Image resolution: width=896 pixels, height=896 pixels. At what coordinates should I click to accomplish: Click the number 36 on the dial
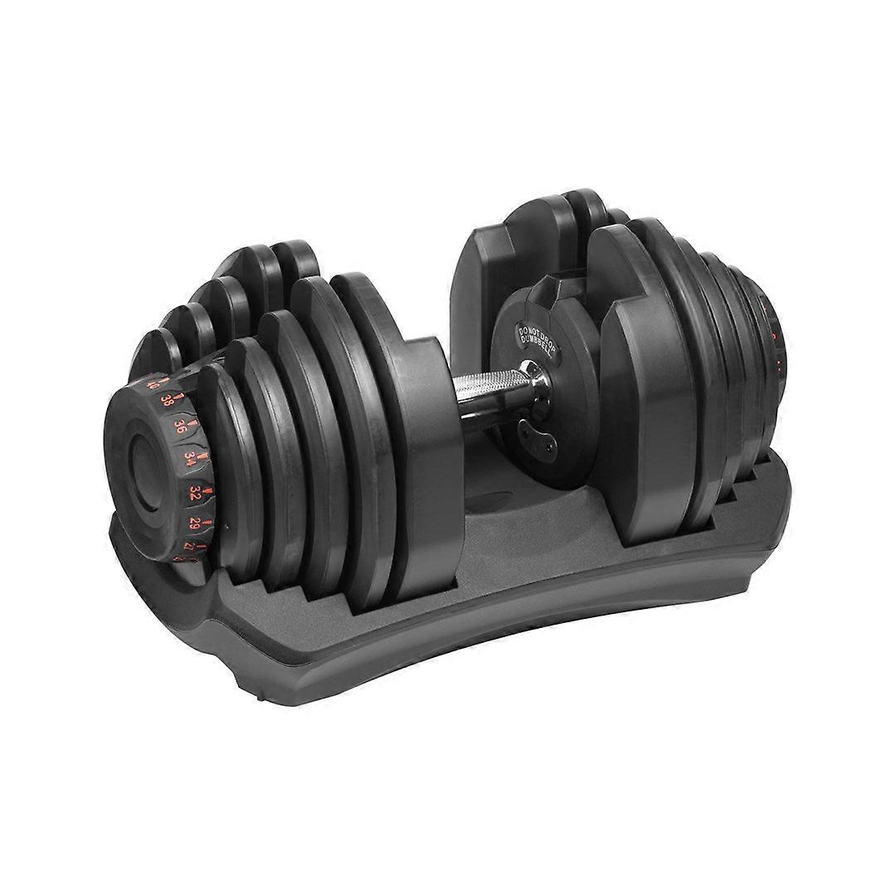[179, 426]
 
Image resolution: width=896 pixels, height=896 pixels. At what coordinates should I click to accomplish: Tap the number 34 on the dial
[190, 457]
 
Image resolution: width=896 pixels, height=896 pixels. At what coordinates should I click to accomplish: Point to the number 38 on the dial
[167, 400]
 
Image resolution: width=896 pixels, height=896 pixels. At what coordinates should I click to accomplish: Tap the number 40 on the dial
[152, 384]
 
